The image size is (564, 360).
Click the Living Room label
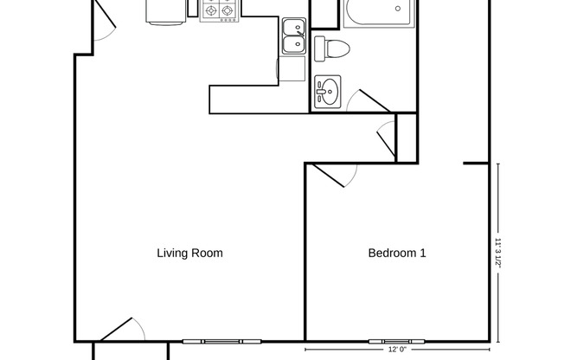pos(189,254)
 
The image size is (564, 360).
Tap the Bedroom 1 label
pos(397,254)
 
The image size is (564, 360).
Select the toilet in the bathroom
pos(330,48)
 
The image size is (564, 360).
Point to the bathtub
pos(379,15)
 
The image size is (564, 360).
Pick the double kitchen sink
pos(293,35)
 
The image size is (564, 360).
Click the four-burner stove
pos(219,10)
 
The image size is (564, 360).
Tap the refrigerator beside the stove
pos(165,10)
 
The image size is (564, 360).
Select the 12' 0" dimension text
pos(397,350)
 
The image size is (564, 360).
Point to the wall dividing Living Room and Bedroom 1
pos(305,251)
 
